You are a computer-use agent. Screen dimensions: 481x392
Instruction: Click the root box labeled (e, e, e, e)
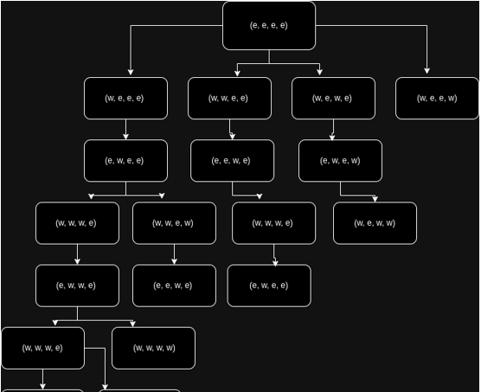(269, 25)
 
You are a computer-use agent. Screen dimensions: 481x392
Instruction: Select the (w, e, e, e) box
(125, 98)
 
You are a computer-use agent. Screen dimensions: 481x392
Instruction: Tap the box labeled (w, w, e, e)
(229, 98)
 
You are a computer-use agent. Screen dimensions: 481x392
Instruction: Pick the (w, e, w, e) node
(333, 98)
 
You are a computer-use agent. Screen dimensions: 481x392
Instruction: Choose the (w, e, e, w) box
(437, 98)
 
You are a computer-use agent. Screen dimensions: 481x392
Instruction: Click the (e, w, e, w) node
(340, 161)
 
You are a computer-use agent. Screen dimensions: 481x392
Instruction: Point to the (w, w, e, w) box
(174, 223)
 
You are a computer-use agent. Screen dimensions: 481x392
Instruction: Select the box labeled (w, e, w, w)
(375, 223)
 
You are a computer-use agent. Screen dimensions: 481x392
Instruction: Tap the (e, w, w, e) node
(77, 286)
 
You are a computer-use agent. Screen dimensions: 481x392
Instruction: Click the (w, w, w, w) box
(153, 348)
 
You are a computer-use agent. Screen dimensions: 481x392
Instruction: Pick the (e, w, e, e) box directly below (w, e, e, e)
(125, 161)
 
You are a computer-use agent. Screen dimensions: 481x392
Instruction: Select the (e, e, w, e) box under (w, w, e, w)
(174, 286)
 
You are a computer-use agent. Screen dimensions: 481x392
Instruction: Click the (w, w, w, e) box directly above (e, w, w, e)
(77, 223)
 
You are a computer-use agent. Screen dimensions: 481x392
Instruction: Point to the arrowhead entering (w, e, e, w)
(426, 71)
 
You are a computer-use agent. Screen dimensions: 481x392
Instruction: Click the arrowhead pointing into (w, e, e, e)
(131, 72)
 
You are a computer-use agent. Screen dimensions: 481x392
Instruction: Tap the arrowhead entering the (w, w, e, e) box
(237, 73)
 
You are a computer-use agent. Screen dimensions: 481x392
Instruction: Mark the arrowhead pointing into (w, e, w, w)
(375, 199)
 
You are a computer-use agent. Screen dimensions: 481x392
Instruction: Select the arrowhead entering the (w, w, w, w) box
(132, 324)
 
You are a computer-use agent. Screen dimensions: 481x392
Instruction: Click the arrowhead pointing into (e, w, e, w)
(332, 137)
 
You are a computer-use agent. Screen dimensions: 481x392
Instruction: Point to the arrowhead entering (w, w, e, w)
(162, 196)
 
